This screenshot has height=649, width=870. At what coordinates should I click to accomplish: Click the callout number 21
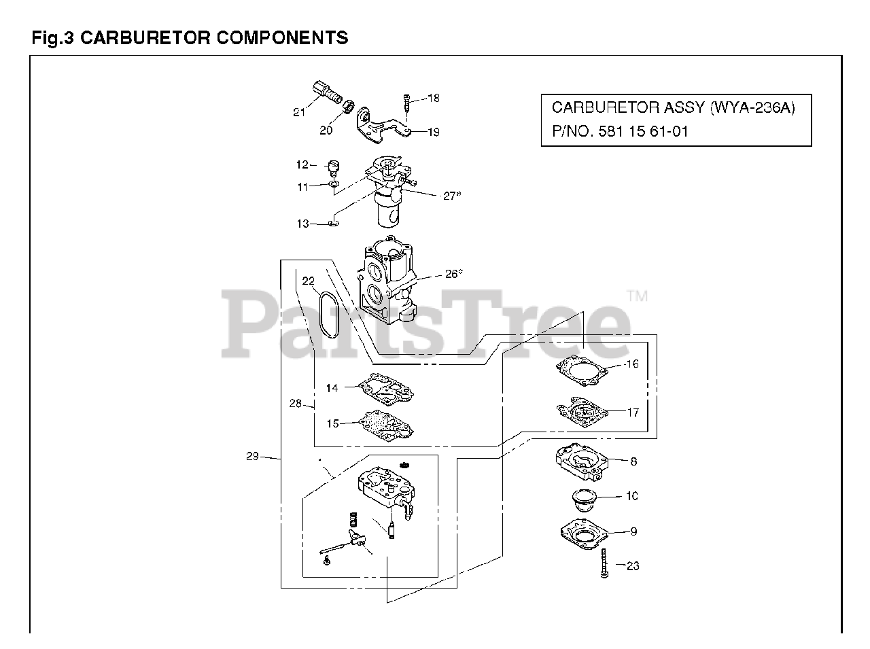[299, 112]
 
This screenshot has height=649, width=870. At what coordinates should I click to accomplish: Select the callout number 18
[434, 99]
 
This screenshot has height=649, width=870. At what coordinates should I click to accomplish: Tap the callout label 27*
[452, 196]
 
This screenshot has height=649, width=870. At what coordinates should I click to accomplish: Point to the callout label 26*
[454, 274]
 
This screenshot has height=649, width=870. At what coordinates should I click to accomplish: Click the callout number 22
[309, 281]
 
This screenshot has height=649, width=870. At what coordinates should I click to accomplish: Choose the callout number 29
[252, 457]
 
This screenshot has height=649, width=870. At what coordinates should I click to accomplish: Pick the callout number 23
[633, 565]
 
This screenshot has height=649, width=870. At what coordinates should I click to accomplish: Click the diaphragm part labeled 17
[579, 411]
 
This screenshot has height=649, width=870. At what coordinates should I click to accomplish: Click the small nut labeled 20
[347, 107]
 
